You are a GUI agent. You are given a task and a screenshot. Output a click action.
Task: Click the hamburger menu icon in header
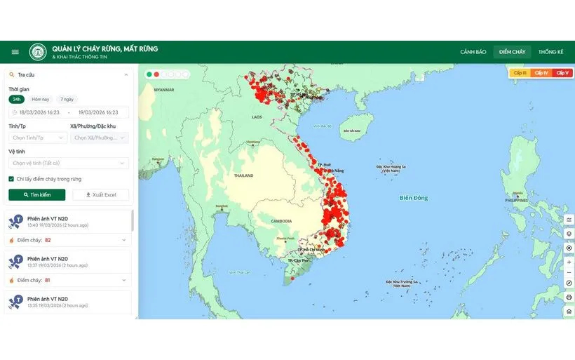click(15, 52)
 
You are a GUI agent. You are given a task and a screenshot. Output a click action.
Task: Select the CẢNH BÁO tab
click(473, 52)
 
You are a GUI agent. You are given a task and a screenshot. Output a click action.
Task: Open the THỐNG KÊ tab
click(550, 52)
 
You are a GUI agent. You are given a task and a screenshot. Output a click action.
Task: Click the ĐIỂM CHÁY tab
click(512, 52)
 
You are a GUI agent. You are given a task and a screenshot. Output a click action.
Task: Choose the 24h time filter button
click(16, 99)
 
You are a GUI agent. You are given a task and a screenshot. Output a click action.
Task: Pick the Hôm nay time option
click(40, 99)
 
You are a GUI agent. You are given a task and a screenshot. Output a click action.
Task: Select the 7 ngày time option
click(67, 99)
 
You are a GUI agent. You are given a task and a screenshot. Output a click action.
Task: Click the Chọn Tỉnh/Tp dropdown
click(36, 138)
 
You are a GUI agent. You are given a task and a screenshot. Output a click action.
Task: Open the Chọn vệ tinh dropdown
click(68, 163)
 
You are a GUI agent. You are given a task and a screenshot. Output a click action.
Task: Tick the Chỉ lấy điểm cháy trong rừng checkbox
click(11, 179)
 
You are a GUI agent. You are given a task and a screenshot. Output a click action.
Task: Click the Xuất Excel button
click(100, 194)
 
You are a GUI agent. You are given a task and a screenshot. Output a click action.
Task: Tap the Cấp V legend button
click(562, 73)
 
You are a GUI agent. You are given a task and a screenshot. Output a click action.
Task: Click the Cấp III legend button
click(520, 73)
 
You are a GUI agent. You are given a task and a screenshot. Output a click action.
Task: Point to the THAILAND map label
click(243, 175)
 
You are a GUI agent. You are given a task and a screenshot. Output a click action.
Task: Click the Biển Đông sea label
click(413, 198)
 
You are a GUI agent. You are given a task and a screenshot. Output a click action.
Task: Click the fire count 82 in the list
click(48, 240)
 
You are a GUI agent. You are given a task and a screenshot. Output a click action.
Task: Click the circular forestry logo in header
click(38, 52)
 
